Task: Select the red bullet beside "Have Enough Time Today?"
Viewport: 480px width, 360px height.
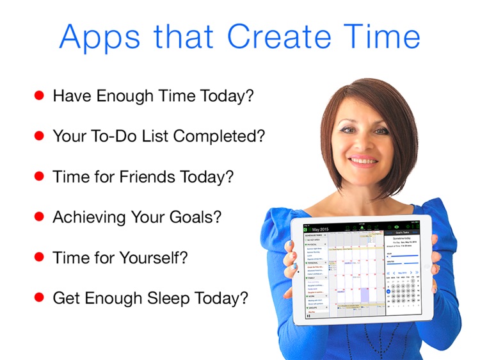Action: click(39, 95)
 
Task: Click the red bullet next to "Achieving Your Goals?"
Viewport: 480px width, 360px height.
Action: click(39, 217)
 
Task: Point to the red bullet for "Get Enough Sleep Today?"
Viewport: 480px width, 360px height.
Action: click(39, 297)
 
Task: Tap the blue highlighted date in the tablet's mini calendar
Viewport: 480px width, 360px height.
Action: click(388, 291)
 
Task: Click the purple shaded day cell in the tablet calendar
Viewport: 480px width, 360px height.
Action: click(365, 295)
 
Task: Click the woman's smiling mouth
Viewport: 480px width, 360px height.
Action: click(363, 159)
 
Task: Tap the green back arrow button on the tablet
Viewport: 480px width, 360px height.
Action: click(305, 229)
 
